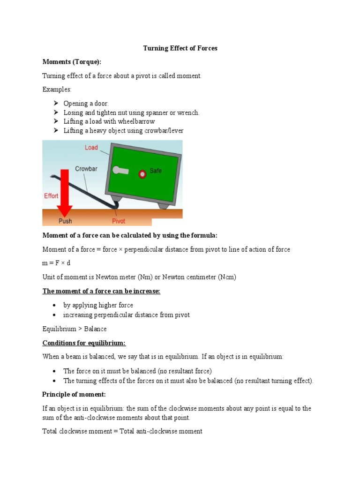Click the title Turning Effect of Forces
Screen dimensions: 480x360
(180, 48)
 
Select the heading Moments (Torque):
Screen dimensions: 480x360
(72, 62)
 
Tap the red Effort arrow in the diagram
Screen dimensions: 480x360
(64, 192)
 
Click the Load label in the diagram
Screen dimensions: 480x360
(91, 147)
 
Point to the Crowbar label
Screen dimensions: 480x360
(86, 169)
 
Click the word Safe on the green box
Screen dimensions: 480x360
(156, 171)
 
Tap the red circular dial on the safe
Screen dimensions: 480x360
(142, 174)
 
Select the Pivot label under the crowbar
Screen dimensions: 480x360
(119, 221)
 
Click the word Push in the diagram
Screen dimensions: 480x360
(65, 221)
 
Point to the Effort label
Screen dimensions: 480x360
(51, 196)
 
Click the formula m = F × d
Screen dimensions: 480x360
(56, 263)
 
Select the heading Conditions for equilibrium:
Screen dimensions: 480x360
(84, 343)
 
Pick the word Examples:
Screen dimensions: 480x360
(57, 90)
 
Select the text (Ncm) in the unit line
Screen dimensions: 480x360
(227, 277)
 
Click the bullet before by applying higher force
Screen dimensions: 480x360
(55, 305)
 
